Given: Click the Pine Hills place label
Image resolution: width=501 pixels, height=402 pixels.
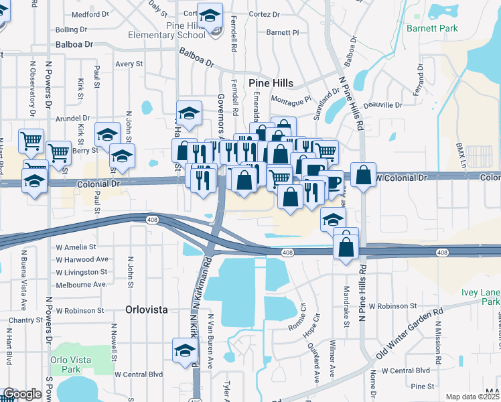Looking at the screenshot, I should click(271, 82).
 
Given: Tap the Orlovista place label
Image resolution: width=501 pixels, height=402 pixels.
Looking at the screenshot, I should click(145, 310).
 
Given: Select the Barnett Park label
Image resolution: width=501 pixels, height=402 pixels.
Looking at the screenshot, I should click(431, 28).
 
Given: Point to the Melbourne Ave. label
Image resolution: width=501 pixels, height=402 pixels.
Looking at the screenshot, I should click(82, 284).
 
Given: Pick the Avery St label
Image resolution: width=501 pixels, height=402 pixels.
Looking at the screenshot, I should click(129, 64).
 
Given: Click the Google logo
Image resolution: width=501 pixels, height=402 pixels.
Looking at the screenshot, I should click(21, 394).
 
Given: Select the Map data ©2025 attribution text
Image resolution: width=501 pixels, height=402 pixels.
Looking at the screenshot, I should click(472, 397).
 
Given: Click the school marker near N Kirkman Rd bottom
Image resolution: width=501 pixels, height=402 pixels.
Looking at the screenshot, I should click(186, 350).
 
